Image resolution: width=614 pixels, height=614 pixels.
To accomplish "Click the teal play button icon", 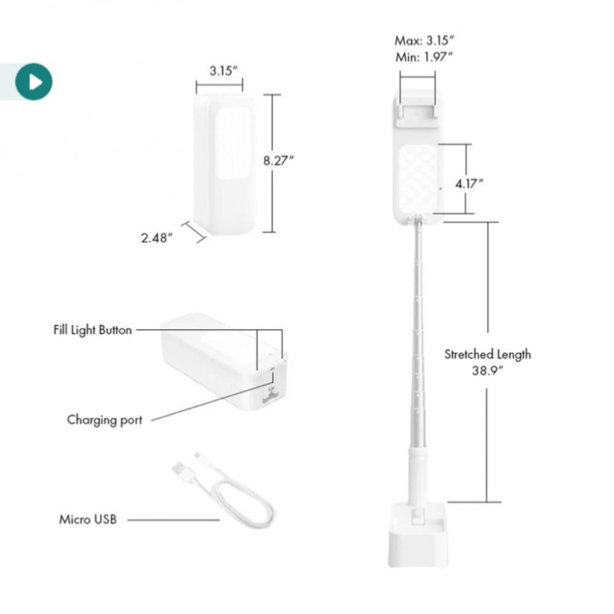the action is pos(34,82).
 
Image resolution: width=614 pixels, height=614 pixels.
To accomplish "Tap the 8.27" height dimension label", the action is pos(278,160).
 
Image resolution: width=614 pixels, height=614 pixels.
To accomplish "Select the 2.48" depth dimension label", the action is pos(157,238).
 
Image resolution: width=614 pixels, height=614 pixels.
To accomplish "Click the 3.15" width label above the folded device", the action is pos(223,71).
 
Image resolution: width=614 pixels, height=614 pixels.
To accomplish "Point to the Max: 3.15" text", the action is pos(424,41).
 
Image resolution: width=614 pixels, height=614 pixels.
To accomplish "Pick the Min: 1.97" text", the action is pos(424,57).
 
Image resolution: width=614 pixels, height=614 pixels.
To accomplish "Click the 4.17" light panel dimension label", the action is pos(468,183).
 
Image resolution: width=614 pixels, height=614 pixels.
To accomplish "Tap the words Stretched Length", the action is pos(488,354).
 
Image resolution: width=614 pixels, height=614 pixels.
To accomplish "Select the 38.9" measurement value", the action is pos(487,370).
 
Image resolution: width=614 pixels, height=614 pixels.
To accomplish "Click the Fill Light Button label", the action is pos(93,330).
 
